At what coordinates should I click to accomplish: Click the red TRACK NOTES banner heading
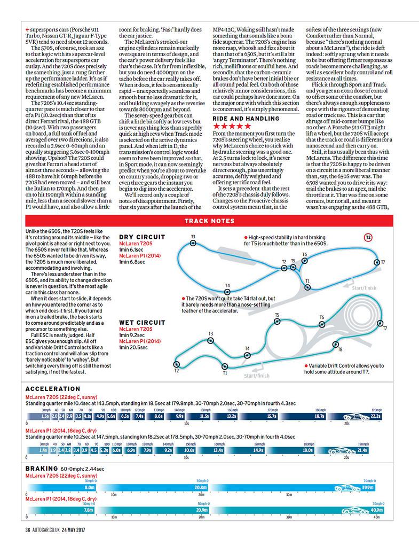click(x=209, y=220)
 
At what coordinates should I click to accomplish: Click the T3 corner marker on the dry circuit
click(x=192, y=243)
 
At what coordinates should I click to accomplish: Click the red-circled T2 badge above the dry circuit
click(x=368, y=237)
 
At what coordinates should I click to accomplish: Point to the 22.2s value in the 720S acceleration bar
click(x=375, y=416)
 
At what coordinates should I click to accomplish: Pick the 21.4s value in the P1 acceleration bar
click(x=362, y=450)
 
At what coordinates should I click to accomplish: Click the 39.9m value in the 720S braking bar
click(x=367, y=487)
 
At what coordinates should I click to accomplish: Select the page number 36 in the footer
click(x=28, y=530)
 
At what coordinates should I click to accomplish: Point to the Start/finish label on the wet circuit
click(x=257, y=375)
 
